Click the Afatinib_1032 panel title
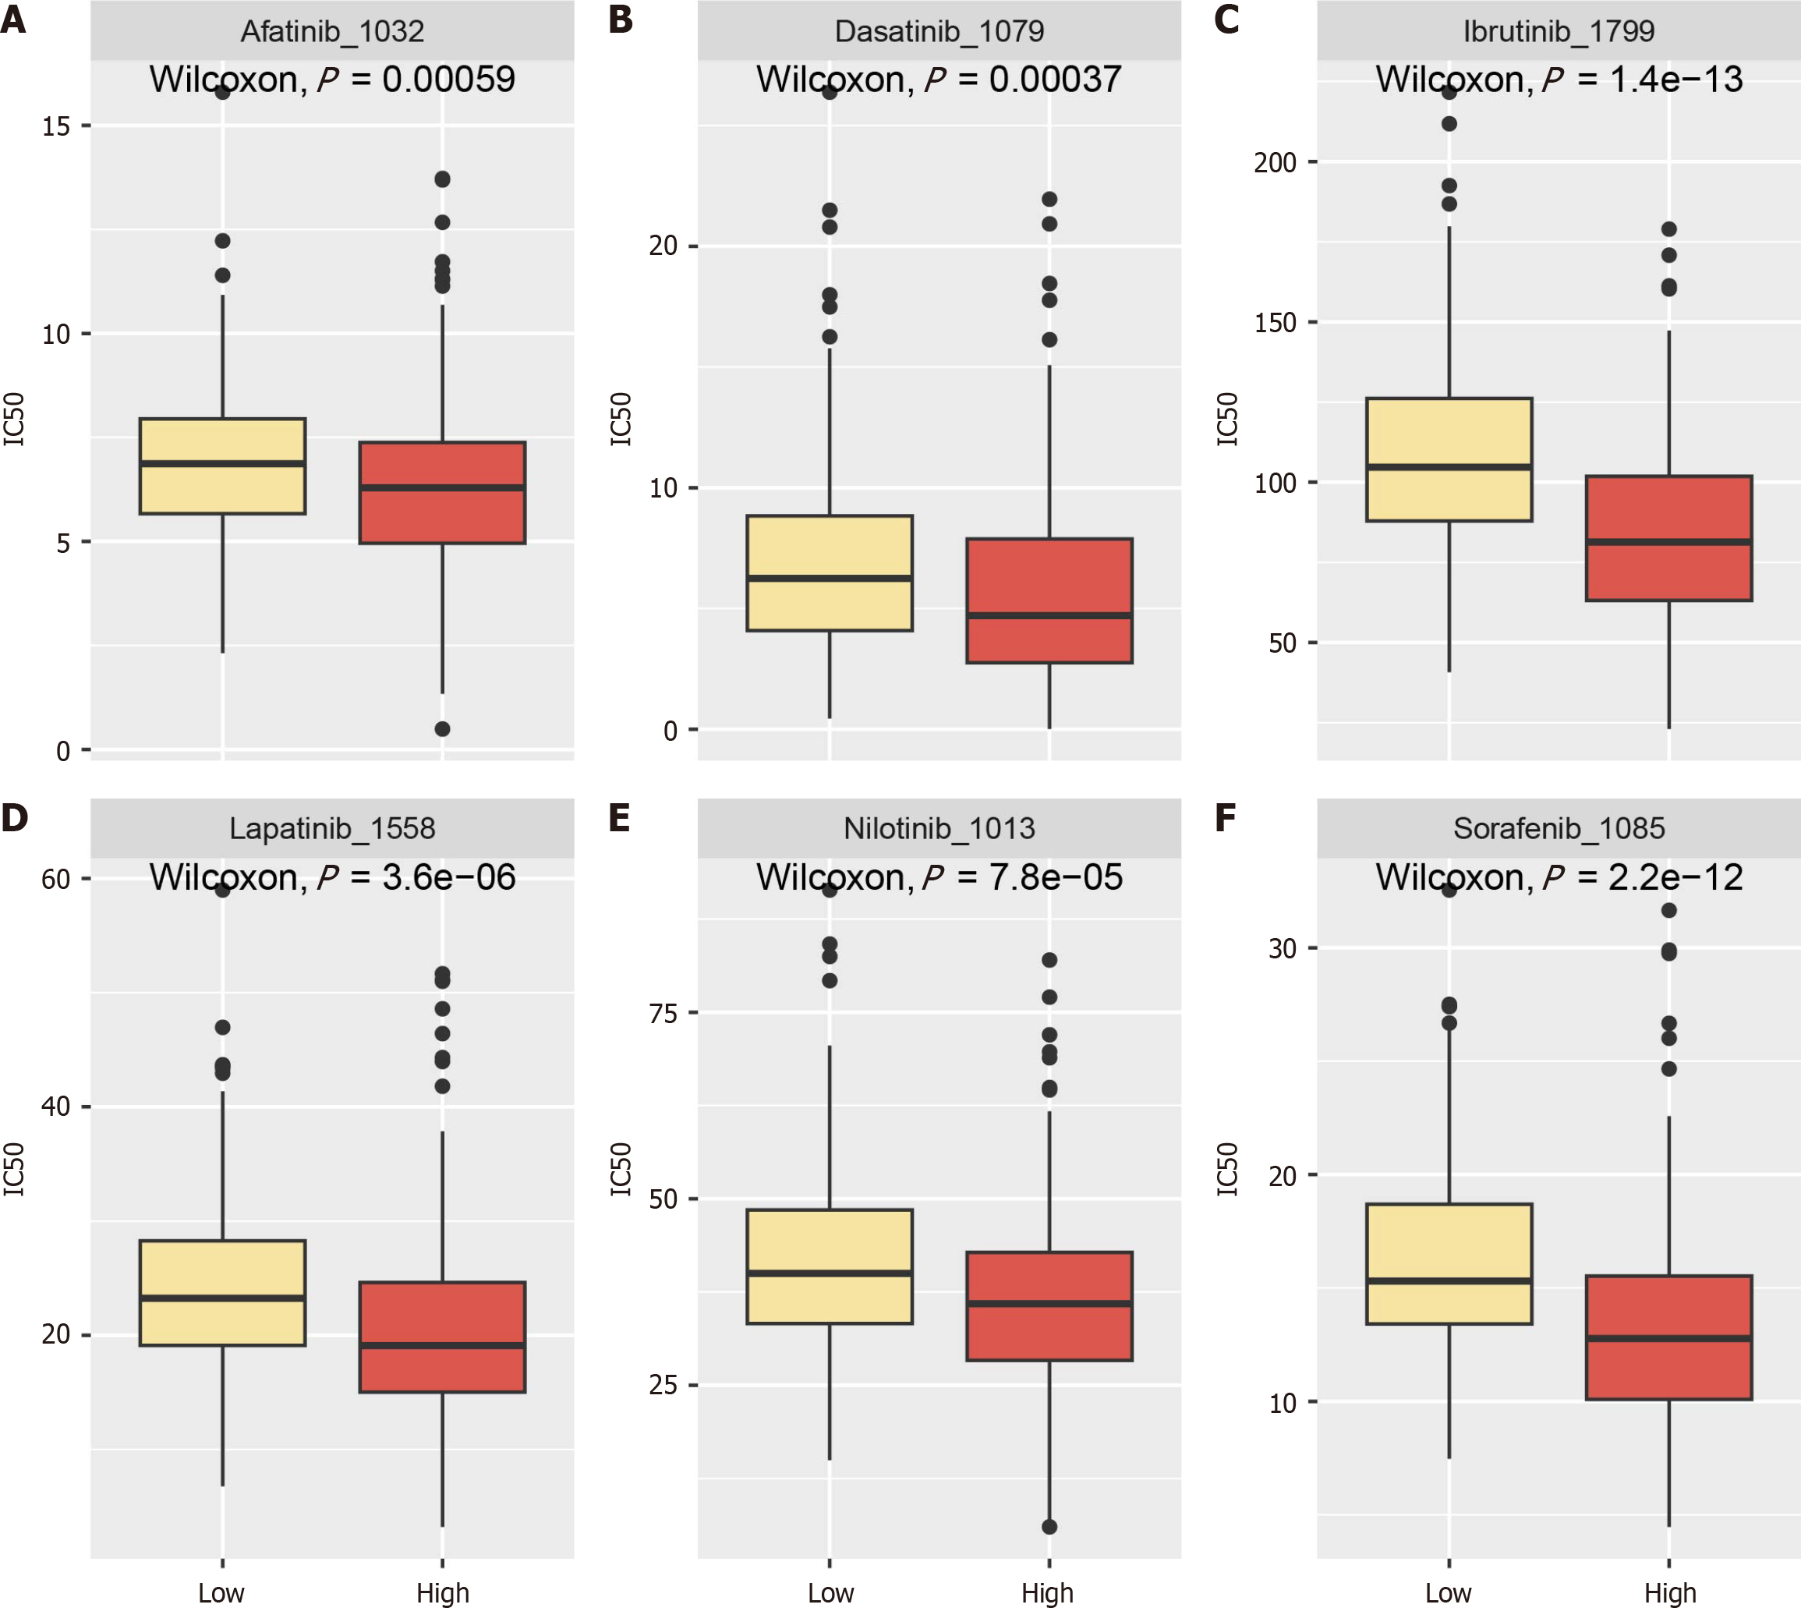point(331,31)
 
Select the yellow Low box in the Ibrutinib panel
point(1449,459)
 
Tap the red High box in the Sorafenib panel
point(1668,1337)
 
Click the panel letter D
point(14,817)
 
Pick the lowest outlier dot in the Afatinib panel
point(442,729)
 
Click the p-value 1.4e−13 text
point(1675,80)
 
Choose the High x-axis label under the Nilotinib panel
point(1047,1592)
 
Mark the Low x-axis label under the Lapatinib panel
point(221,1592)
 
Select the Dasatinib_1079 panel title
point(939,31)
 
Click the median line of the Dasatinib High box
point(1049,615)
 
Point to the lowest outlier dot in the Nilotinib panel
point(1049,1527)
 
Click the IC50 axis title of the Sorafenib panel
point(1228,1168)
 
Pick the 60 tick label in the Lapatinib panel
point(55,880)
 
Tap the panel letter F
point(1226,817)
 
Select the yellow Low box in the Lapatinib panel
point(222,1292)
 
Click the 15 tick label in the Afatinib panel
point(55,126)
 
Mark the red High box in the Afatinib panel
point(442,492)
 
